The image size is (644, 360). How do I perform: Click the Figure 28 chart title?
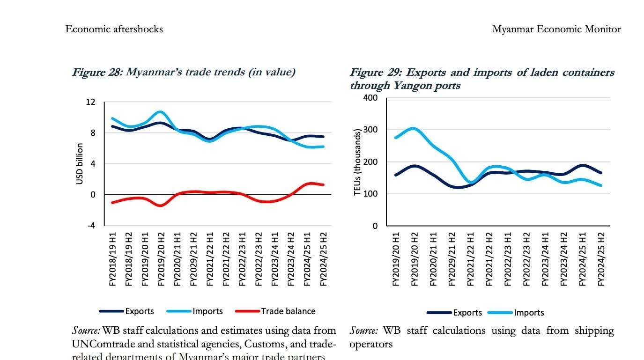[183, 72]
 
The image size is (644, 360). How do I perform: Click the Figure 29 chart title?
[482, 79]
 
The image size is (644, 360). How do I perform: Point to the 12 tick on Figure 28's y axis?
[90, 102]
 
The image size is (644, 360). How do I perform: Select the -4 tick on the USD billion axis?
[90, 225]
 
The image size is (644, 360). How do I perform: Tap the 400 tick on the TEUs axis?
[370, 98]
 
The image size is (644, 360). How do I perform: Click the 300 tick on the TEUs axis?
[370, 130]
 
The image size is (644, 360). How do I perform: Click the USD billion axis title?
[80, 164]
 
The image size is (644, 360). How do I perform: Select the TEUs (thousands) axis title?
[358, 162]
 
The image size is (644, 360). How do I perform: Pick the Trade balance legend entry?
[288, 311]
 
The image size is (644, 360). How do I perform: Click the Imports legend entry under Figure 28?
[207, 311]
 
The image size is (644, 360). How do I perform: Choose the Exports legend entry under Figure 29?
[467, 313]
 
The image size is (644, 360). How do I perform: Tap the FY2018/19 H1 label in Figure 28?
[113, 259]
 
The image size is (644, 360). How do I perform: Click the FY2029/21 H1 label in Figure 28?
[193, 259]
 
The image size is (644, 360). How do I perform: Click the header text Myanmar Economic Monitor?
[556, 29]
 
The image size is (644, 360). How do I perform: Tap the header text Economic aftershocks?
[114, 29]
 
